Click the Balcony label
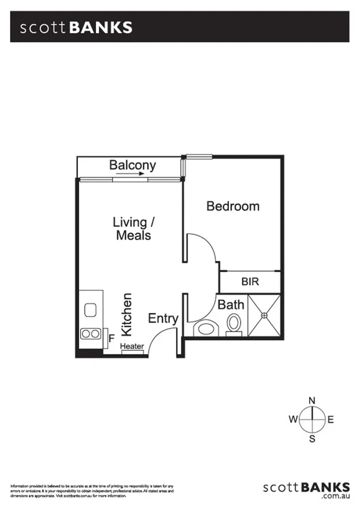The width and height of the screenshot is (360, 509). point(132,165)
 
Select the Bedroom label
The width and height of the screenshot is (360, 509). point(233,206)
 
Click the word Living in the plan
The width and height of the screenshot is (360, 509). point(129,222)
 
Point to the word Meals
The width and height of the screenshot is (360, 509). point(133,236)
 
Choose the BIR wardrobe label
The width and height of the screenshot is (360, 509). point(250,281)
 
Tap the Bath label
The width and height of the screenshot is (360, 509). point(231,305)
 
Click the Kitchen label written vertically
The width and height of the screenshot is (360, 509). point(126,314)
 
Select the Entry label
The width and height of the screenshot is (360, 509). point(163,318)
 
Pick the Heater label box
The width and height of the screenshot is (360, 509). point(132,347)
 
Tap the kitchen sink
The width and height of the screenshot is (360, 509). point(91,310)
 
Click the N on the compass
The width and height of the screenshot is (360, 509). point(311,400)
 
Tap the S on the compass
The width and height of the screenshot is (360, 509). point(311,439)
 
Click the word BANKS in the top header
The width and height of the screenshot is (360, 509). point(101,27)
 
